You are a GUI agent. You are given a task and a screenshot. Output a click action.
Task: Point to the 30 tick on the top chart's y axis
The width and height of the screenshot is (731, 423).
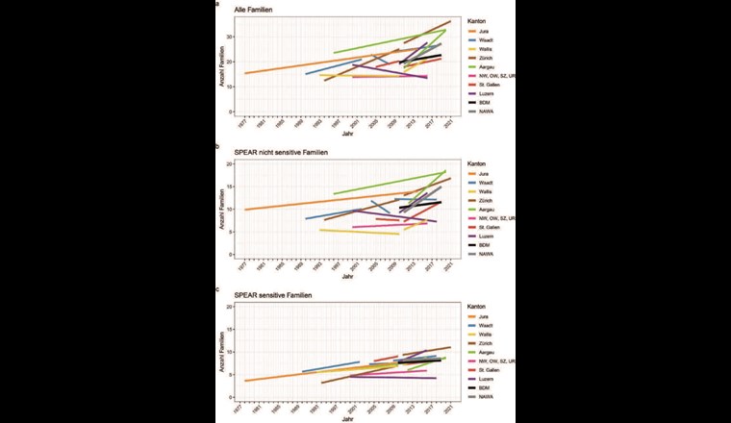coord(231,37)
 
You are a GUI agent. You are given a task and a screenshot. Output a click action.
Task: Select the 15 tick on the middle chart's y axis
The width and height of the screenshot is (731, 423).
coord(231,187)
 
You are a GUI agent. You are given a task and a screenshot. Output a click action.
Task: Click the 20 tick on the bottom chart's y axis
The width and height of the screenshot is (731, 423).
coord(231,307)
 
